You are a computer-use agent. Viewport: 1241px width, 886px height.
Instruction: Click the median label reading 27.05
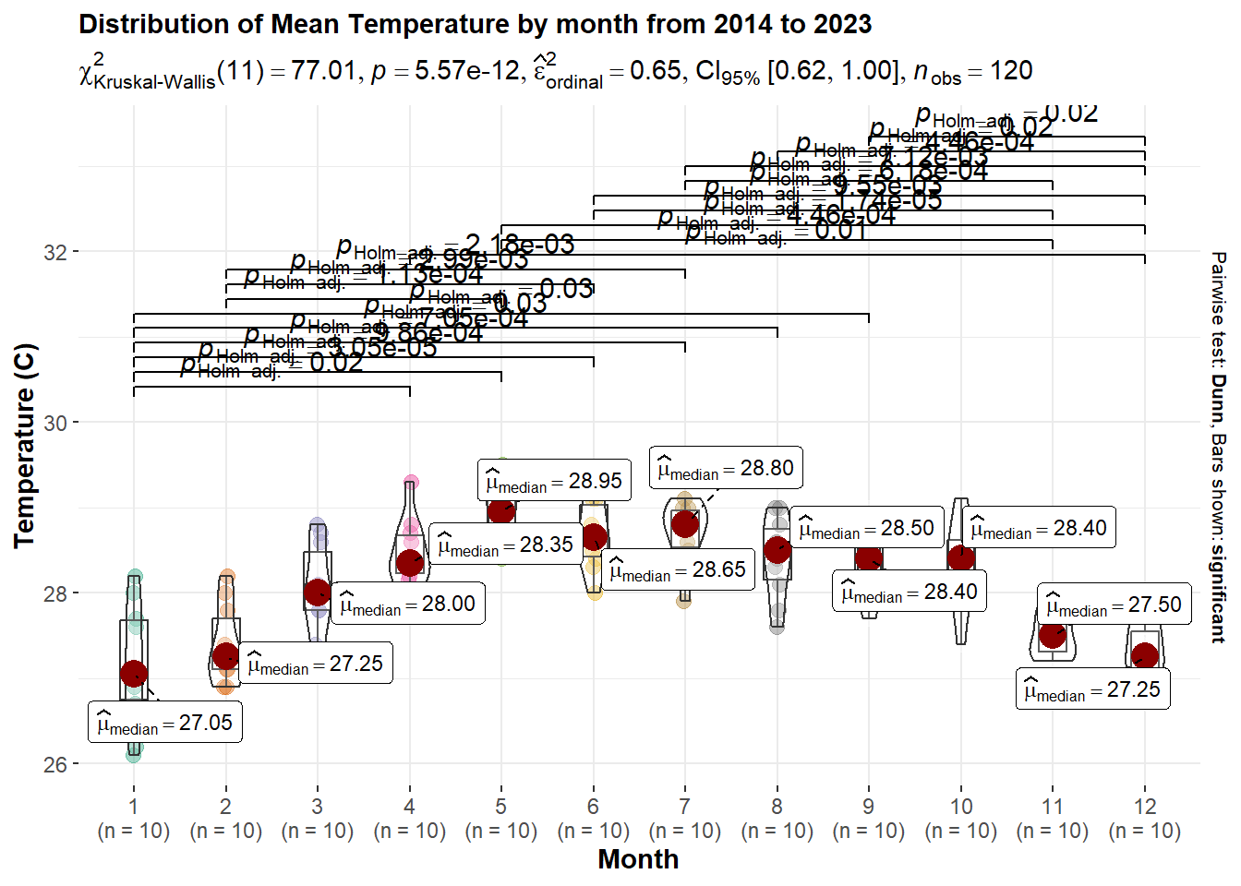pyautogui.click(x=165, y=723)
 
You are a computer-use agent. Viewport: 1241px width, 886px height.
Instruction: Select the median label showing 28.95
pyautogui.click(x=554, y=481)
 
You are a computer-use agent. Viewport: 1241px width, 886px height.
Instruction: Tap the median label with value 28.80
pyautogui.click(x=726, y=468)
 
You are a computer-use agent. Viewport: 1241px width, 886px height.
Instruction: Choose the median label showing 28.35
pyautogui.click(x=505, y=545)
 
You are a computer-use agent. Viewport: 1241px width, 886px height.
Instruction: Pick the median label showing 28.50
pyautogui.click(x=866, y=528)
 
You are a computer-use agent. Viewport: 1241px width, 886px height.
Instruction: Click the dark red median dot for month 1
pyautogui.click(x=134, y=674)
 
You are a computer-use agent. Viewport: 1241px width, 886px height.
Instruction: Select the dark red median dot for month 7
pyautogui.click(x=685, y=524)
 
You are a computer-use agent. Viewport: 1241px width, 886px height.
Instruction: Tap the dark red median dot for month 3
pyautogui.click(x=318, y=592)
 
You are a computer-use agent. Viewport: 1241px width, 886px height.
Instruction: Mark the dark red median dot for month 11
pyautogui.click(x=1053, y=635)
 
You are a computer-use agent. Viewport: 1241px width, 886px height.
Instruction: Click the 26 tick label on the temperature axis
pyautogui.click(x=55, y=764)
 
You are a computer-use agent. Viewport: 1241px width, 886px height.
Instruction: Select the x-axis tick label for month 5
pyautogui.click(x=501, y=807)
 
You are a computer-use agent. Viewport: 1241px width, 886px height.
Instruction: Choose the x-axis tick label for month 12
pyautogui.click(x=1145, y=807)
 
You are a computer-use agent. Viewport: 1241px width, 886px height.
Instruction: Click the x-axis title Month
pyautogui.click(x=638, y=859)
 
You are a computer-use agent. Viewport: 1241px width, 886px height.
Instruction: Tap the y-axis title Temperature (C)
pyautogui.click(x=25, y=446)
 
